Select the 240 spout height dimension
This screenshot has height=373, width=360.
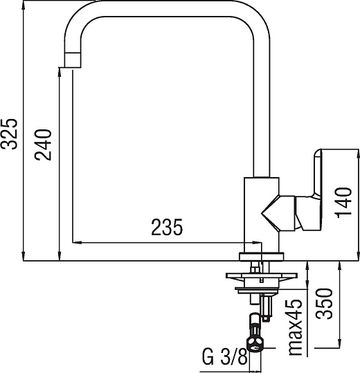pyautogui.click(x=43, y=145)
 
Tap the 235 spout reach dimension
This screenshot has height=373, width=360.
pyautogui.click(x=167, y=227)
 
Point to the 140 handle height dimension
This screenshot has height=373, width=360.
pyautogui.click(x=343, y=203)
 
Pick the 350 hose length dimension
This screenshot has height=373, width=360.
pyautogui.click(x=324, y=304)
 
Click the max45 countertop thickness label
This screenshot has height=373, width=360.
pyautogui.click(x=295, y=327)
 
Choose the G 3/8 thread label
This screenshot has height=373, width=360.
pyautogui.click(x=225, y=357)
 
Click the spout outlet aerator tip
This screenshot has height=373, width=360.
pyautogui.click(x=73, y=60)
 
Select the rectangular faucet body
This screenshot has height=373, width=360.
pyautogui.click(x=262, y=215)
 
